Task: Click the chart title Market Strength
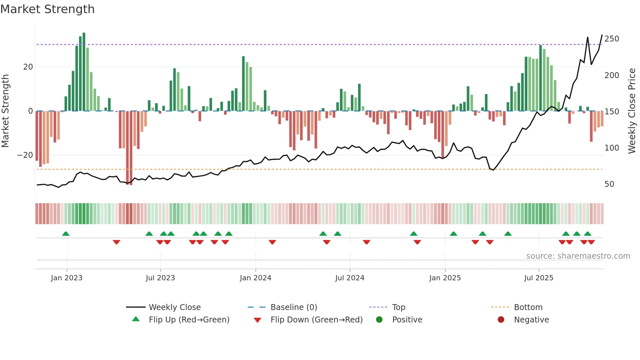(x=47, y=9)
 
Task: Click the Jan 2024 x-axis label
(x=255, y=278)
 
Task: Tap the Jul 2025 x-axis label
(x=538, y=278)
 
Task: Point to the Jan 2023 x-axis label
(x=67, y=278)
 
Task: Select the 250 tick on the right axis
(x=612, y=39)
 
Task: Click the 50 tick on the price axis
(x=609, y=184)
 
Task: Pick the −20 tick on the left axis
(x=25, y=155)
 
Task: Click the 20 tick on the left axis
(x=28, y=67)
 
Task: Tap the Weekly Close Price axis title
(x=632, y=111)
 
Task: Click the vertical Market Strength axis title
(x=5, y=111)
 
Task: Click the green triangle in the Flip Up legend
(x=136, y=319)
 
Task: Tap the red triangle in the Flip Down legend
(x=257, y=320)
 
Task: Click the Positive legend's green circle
(x=379, y=319)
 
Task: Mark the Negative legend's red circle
(x=501, y=319)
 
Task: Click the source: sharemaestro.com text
(x=578, y=256)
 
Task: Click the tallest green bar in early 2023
(x=84, y=72)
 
